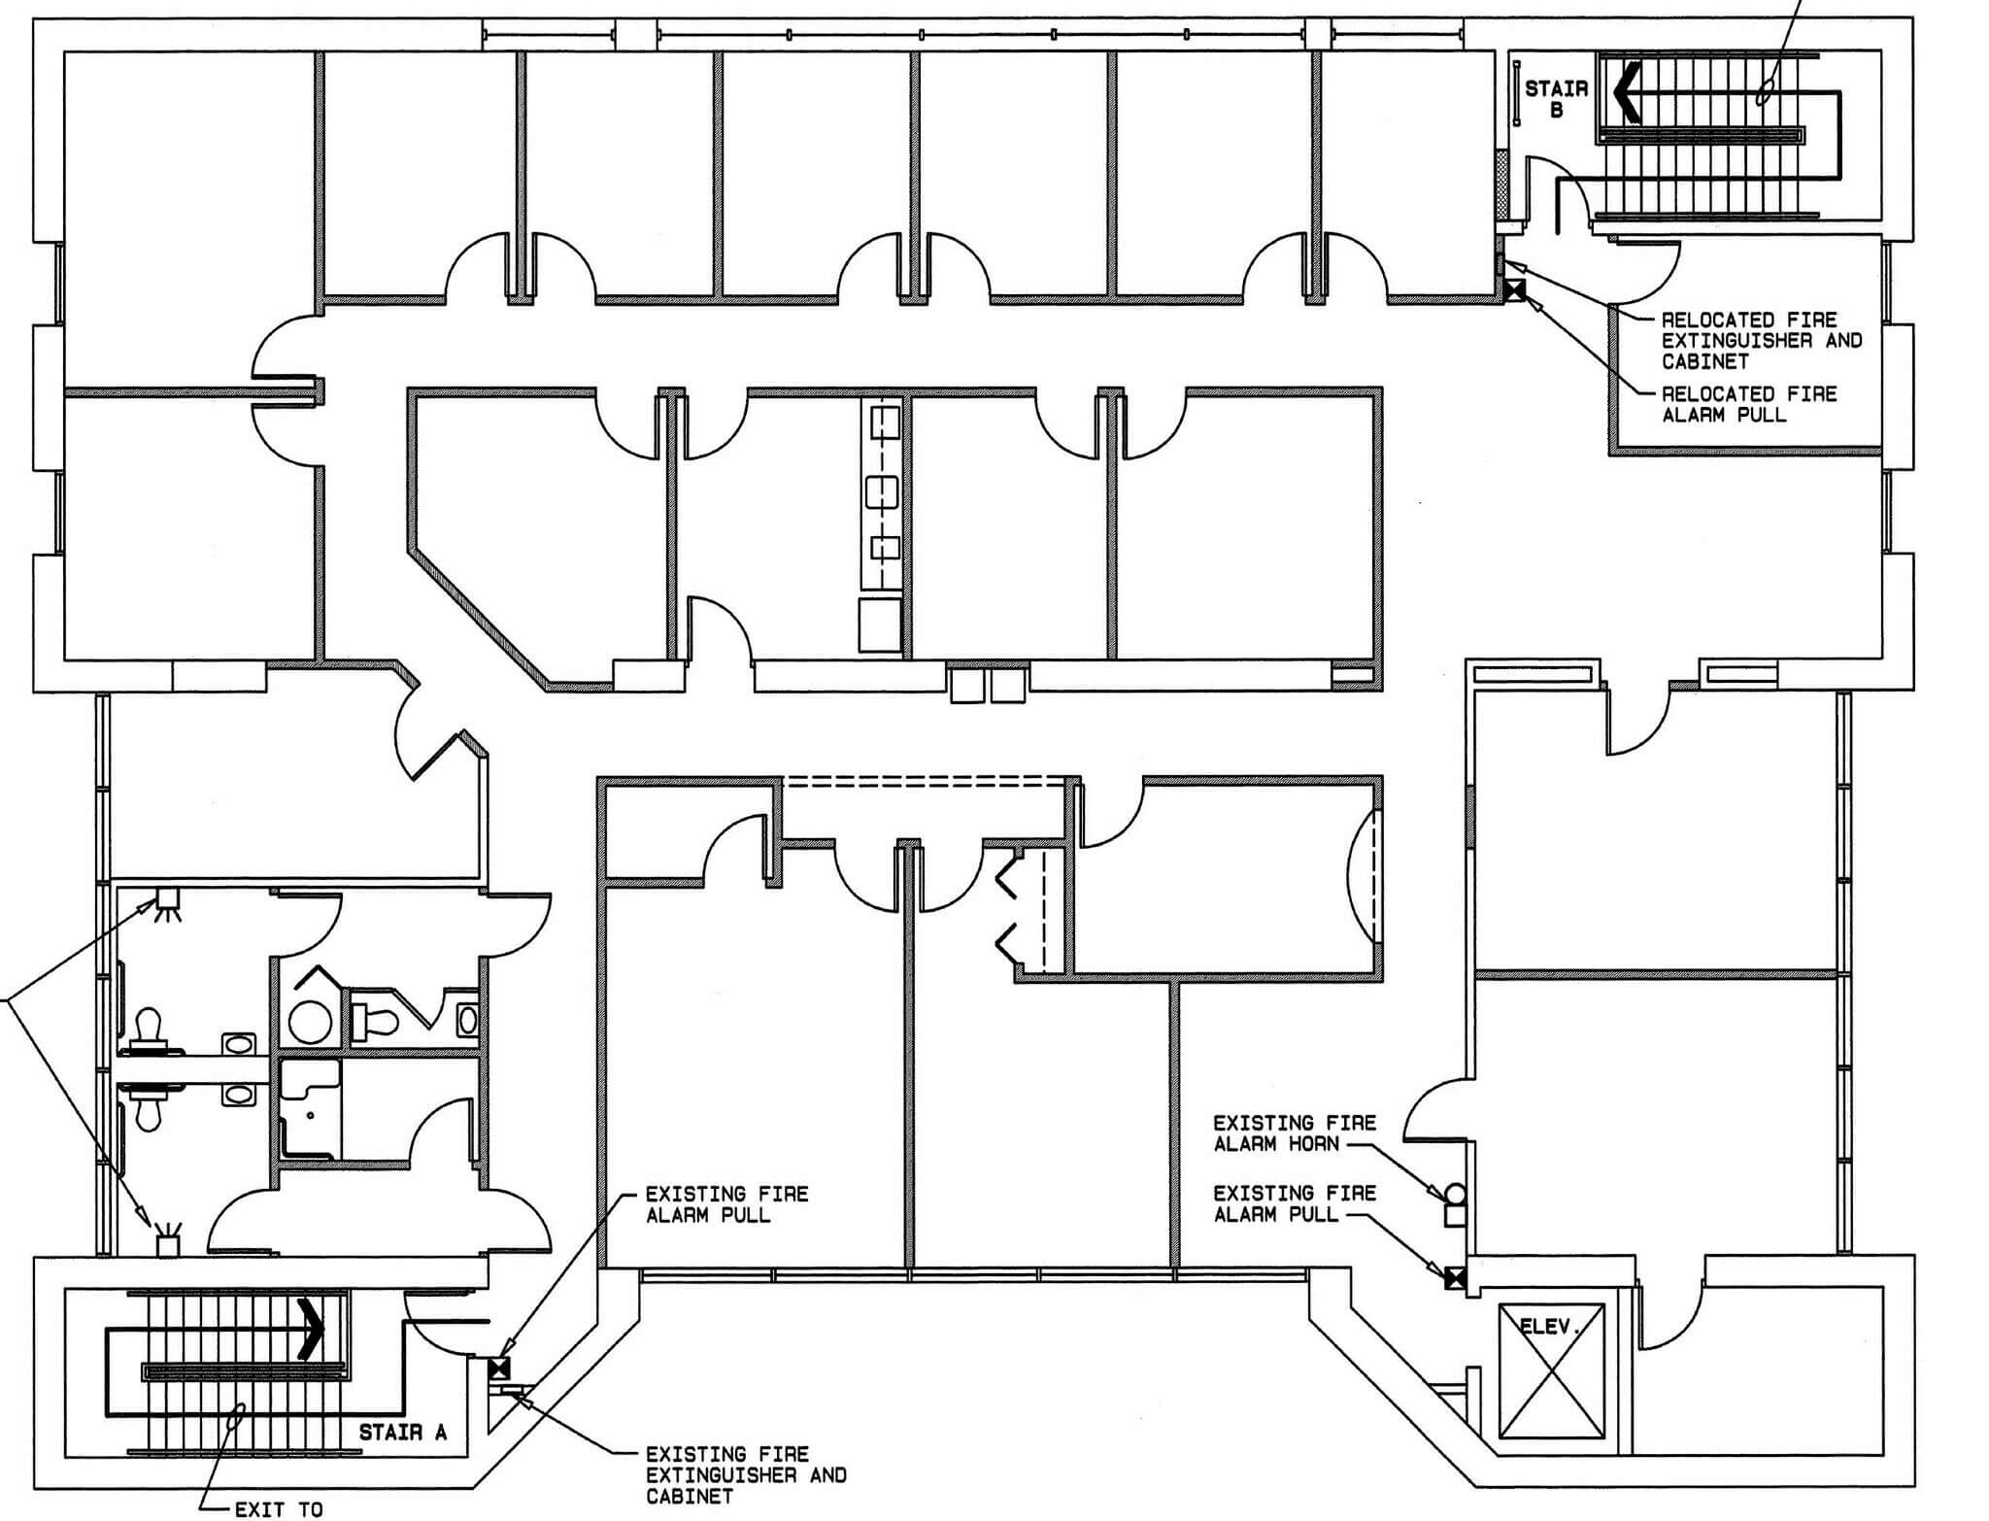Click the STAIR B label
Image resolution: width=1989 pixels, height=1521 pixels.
[x=1556, y=99]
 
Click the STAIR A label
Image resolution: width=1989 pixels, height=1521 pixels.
[x=403, y=1433]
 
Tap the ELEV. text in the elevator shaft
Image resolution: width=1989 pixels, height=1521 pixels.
[x=1550, y=1326]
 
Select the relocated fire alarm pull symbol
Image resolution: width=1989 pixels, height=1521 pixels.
[x=1514, y=289]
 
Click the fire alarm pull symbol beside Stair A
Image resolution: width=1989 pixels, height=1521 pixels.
[x=499, y=1369]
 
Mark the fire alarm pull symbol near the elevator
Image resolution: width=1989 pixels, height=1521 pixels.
[x=1455, y=1279]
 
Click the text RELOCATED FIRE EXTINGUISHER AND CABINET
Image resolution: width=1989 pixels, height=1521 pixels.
[x=1762, y=340]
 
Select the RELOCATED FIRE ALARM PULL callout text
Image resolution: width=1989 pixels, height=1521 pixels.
[x=1749, y=404]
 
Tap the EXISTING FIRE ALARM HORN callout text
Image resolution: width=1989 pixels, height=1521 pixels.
[x=1295, y=1133]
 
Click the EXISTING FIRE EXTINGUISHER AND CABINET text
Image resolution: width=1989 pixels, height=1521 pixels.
[x=746, y=1475]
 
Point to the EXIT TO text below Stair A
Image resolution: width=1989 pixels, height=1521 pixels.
[x=278, y=1509]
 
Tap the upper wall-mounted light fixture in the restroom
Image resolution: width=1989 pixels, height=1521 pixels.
[x=168, y=902]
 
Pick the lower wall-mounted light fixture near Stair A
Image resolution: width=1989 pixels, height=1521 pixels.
[x=169, y=1239]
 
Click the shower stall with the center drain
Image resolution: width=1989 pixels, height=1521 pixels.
[x=311, y=1108]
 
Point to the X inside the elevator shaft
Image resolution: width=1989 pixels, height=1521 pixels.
[x=1550, y=1371]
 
